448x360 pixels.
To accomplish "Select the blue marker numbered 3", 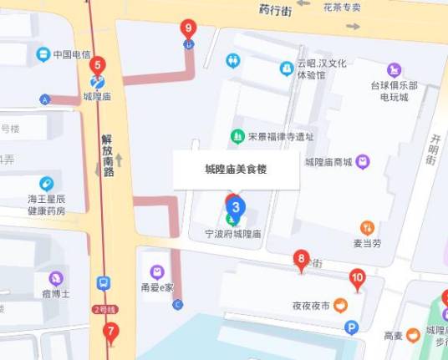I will [x=237, y=206].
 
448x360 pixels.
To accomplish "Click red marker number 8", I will [x=301, y=260].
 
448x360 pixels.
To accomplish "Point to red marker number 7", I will [x=110, y=332].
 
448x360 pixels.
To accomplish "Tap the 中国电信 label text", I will [x=72, y=55].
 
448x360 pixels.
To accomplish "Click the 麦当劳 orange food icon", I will [x=367, y=227].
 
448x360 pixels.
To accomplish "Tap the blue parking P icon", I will [x=352, y=327].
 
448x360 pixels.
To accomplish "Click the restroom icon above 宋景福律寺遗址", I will [x=233, y=61].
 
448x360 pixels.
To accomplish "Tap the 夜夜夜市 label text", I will [x=311, y=306].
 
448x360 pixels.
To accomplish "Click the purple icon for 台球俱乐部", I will [x=394, y=70].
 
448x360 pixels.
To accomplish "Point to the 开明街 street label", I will [x=433, y=150].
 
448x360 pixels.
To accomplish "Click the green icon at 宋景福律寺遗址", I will [x=238, y=136].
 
